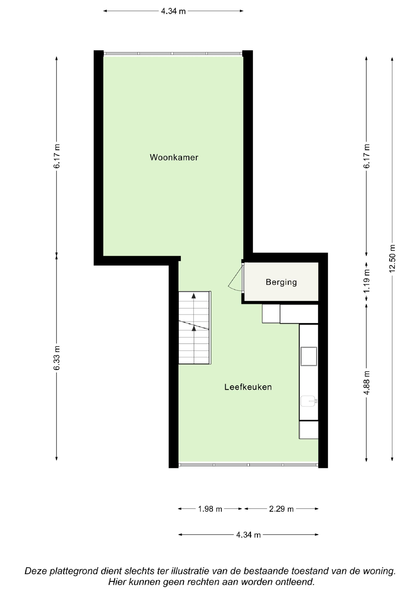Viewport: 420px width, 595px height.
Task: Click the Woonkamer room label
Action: pos(174,157)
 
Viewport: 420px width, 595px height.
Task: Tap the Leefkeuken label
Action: pos(248,387)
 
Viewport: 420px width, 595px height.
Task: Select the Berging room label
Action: pos(281,282)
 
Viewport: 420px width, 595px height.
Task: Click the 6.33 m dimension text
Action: pos(57,358)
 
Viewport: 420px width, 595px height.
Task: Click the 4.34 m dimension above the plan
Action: pos(173,11)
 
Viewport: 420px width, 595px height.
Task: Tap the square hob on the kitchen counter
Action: pos(309,356)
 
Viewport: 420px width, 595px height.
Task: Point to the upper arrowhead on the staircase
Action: pos(194,296)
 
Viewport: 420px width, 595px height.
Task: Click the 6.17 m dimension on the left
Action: pos(57,156)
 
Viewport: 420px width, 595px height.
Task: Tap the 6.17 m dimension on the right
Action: pos(366,156)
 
